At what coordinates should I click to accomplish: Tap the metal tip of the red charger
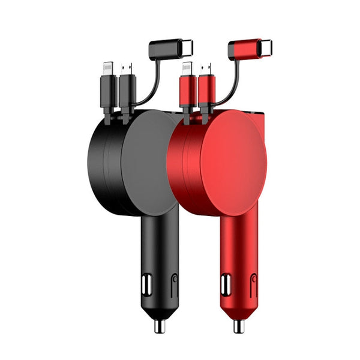point(238,326)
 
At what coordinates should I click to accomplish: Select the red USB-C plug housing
point(244,47)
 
